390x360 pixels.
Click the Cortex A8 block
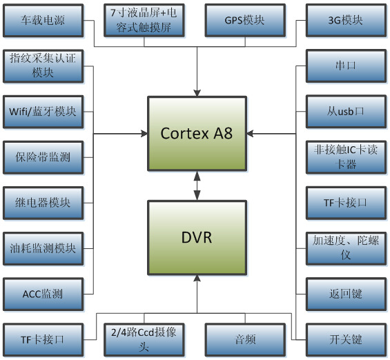coord(197,133)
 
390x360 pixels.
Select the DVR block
coord(197,238)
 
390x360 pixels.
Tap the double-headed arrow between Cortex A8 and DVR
coord(197,186)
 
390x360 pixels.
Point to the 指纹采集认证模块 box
coord(43,66)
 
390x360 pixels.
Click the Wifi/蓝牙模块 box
coord(43,111)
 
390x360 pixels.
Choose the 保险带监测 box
coord(43,157)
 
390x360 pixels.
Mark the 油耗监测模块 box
coord(43,248)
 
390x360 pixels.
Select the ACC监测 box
coord(43,294)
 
